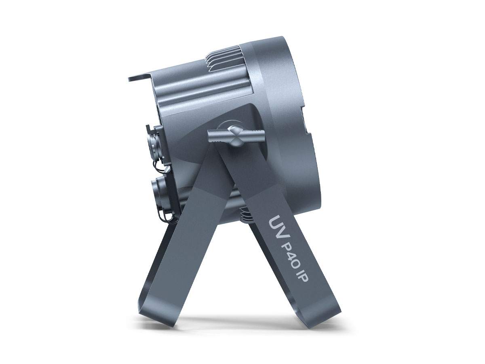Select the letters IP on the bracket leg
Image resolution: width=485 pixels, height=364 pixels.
[302, 280]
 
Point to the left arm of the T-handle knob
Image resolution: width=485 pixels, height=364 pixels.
[218, 136]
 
